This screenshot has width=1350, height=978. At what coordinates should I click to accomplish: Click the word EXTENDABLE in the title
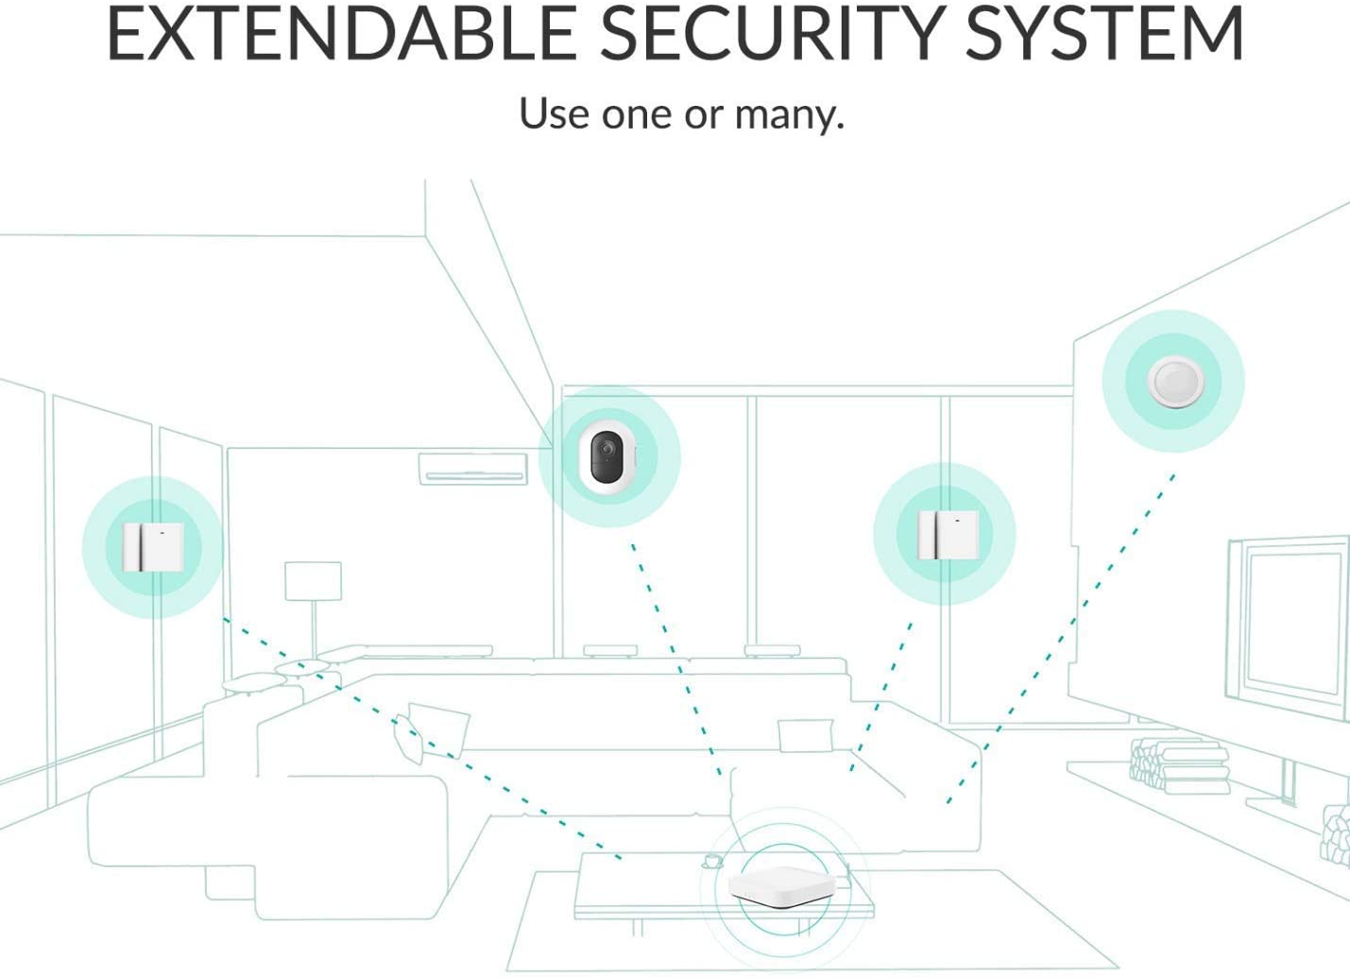pyautogui.click(x=342, y=33)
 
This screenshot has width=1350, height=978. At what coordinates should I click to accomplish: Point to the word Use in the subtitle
pyautogui.click(x=554, y=112)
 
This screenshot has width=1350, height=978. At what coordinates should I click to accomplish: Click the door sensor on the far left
pyautogui.click(x=152, y=547)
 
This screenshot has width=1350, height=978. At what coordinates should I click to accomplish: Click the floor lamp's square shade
pyautogui.click(x=313, y=581)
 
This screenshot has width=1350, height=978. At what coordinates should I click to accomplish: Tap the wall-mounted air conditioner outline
pyautogui.click(x=473, y=469)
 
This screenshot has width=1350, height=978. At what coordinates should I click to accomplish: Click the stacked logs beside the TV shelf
pyautogui.click(x=1178, y=765)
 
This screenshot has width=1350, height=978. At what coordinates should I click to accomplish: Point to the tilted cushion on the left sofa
pyautogui.click(x=431, y=731)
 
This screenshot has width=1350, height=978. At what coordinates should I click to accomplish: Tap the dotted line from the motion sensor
pyautogui.click(x=1060, y=639)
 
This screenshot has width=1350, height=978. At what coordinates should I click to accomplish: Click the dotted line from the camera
pyautogui.click(x=676, y=659)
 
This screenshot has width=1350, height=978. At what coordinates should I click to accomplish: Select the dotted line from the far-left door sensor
pyautogui.click(x=422, y=738)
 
